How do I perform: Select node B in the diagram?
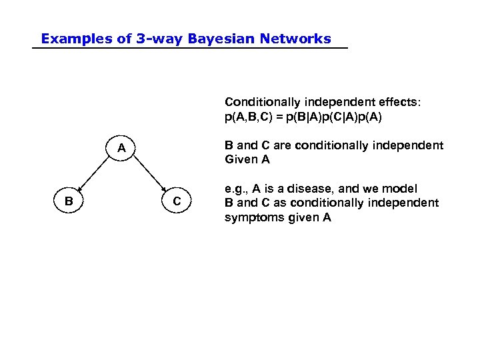69,201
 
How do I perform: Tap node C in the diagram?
176,201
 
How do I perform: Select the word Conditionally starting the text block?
263,102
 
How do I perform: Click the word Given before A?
239,160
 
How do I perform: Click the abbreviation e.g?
235,190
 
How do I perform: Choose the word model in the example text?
401,189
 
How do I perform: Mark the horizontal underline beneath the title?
190,49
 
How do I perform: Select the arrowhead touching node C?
165,190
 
